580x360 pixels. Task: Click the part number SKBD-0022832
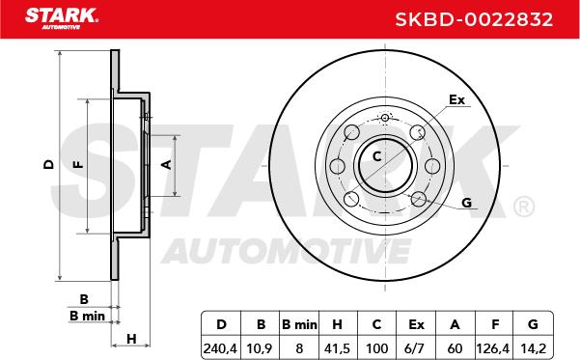point(474,19)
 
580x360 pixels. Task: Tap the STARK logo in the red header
point(62,18)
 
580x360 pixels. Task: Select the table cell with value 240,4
point(221,348)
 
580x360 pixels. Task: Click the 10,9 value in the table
point(260,348)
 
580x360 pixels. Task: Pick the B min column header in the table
point(299,324)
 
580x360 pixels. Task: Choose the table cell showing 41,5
point(338,348)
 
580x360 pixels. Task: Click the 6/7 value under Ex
point(416,348)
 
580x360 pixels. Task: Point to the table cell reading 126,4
point(493,348)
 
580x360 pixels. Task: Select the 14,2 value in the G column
point(533,348)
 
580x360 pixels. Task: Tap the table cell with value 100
point(376,348)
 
